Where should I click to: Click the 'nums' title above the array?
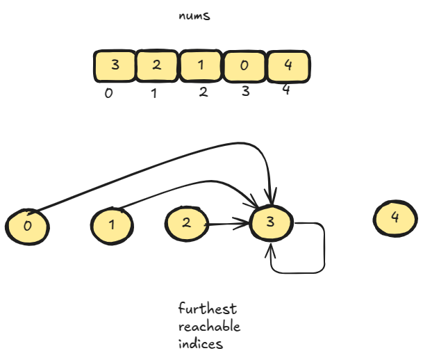point(194,15)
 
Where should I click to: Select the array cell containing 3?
point(115,65)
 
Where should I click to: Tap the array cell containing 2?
point(157,65)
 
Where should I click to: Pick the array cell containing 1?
point(201,65)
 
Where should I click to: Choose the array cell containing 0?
point(244,66)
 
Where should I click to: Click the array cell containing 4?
point(288,65)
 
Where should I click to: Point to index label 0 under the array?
point(108,93)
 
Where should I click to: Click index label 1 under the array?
point(154,93)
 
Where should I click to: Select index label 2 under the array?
point(203,92)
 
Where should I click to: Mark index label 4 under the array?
point(286,90)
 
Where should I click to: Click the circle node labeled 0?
point(28,226)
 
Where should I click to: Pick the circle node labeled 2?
point(187,223)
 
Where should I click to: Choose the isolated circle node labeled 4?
point(395,218)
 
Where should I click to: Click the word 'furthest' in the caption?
point(208,309)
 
